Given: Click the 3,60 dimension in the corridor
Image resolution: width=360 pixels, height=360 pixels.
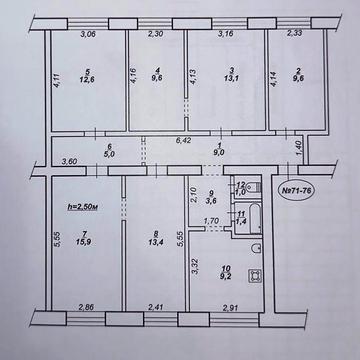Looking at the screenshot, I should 41,161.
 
